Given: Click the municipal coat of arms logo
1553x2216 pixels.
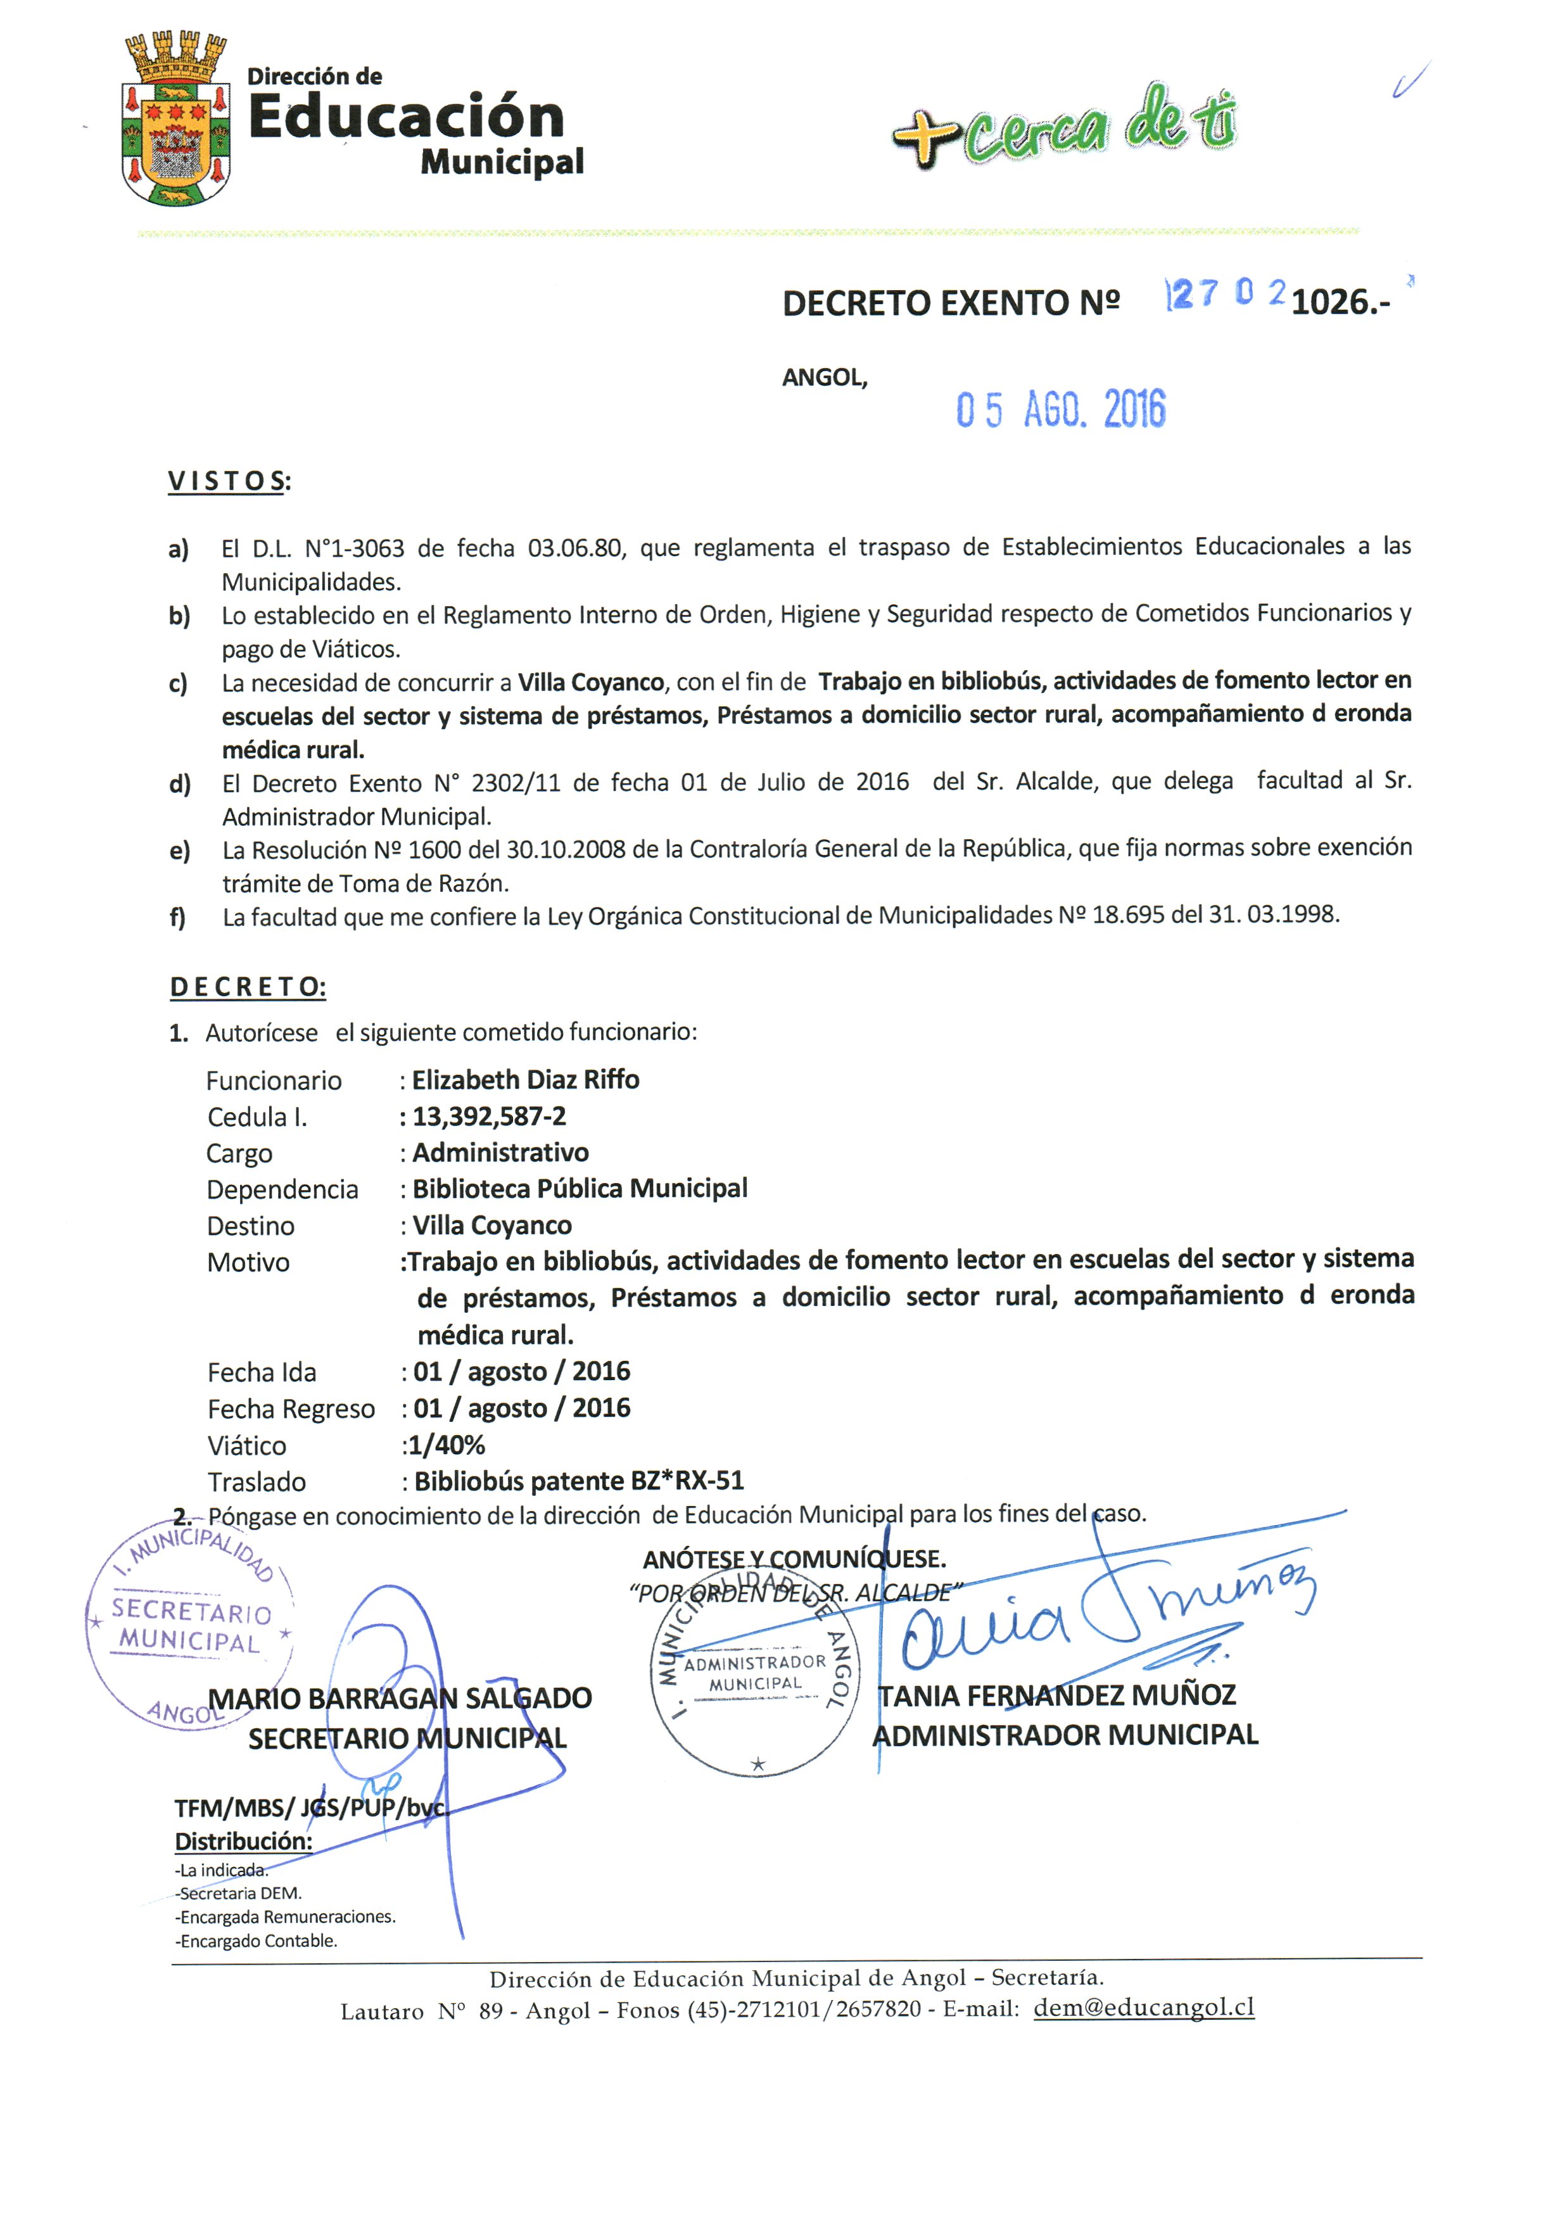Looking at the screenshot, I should point(175,120).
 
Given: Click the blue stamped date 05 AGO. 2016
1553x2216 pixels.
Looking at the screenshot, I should point(1060,409).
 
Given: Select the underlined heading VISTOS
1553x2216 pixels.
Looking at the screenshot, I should point(229,481).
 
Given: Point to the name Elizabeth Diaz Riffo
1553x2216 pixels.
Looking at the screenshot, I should point(525,1079).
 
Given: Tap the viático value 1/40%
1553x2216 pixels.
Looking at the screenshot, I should point(446,1445).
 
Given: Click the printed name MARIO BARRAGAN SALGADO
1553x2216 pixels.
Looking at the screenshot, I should point(400,1698).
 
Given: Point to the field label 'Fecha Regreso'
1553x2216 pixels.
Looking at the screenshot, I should point(291,1409).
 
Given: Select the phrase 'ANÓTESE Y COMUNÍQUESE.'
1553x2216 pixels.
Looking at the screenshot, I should point(794,1559).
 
